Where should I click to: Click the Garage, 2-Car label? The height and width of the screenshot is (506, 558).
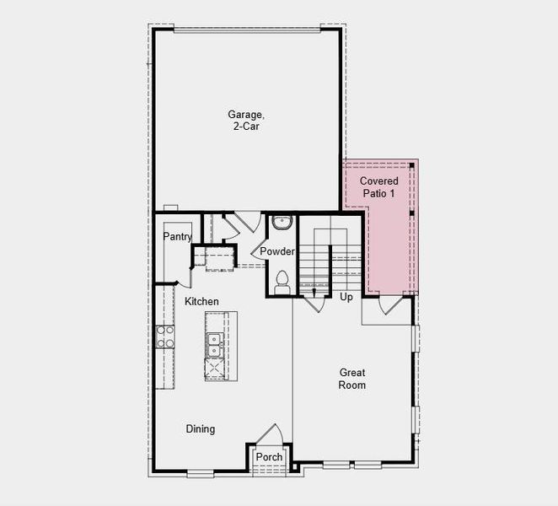pos(245,120)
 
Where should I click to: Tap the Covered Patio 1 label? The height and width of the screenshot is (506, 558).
pos(378,187)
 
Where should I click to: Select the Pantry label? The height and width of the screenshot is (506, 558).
pos(178,237)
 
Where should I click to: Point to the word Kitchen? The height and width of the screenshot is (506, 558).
pos(201,301)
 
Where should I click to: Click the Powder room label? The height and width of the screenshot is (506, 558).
pos(276,252)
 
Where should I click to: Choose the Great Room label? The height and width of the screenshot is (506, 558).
pos(352,379)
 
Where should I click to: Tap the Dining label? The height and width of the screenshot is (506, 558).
pos(200,429)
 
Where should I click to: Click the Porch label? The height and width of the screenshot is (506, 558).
pos(269,457)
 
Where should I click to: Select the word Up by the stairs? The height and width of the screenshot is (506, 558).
pos(346,297)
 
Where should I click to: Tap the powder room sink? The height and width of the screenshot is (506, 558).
pos(282,223)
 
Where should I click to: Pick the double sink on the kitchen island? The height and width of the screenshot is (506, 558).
pos(213,344)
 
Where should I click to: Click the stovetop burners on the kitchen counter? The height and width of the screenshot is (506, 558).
pos(164,337)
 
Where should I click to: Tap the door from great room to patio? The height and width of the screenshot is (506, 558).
pos(389,304)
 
